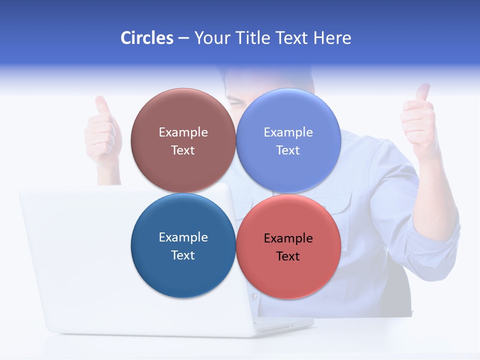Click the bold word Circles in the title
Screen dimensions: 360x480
tap(147, 38)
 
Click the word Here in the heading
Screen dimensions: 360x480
tap(332, 38)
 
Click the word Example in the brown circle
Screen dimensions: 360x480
tap(183, 132)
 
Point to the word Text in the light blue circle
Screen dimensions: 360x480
tap(288, 150)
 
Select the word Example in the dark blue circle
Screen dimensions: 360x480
tap(183, 237)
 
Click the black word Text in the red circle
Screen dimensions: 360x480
tap(288, 256)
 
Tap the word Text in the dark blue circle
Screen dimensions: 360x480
tap(183, 255)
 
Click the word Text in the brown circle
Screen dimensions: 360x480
tap(183, 150)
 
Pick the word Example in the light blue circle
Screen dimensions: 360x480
tap(288, 132)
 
